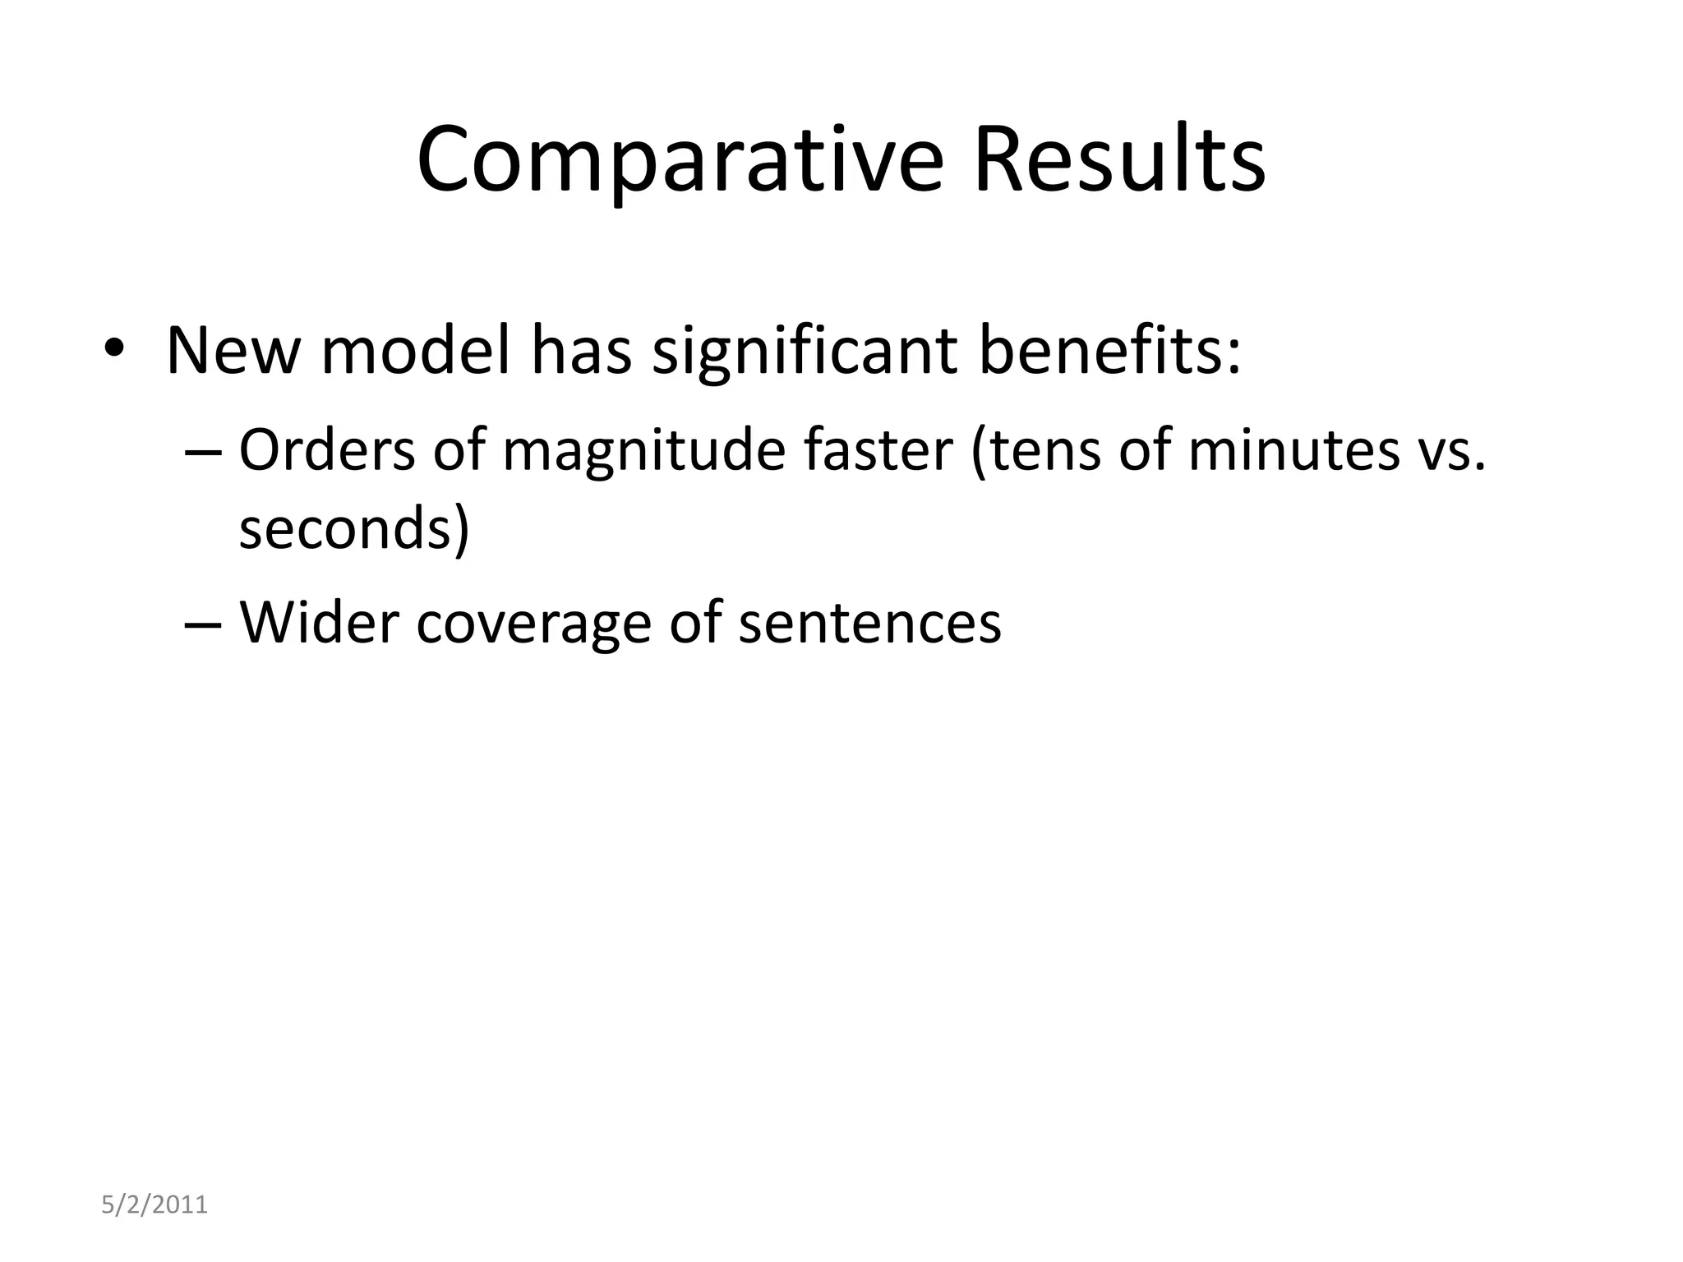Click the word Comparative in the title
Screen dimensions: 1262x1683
point(680,160)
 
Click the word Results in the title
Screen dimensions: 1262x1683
point(1118,160)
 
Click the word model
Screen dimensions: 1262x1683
point(416,352)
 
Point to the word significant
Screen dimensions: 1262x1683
point(805,352)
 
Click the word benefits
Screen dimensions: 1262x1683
point(1109,352)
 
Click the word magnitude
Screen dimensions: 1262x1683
point(643,451)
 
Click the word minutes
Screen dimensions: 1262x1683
point(1293,451)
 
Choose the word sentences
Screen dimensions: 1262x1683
point(869,623)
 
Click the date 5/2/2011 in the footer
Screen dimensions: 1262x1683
point(154,1205)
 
